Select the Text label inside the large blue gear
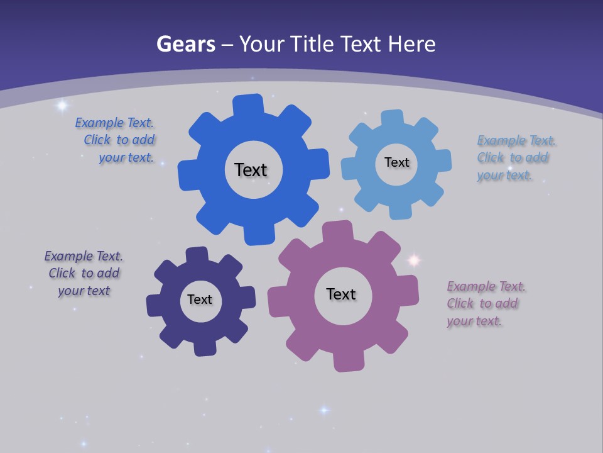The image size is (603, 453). tap(251, 170)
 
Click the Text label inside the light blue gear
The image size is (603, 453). tap(396, 162)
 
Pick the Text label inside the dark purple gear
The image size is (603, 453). tap(200, 299)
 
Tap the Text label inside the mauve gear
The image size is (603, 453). tap(341, 294)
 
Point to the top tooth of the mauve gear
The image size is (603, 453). tap(337, 230)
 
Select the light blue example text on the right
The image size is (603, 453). tap(513, 158)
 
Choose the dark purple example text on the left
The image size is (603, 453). tap(84, 274)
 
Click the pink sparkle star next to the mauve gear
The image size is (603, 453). tap(414, 259)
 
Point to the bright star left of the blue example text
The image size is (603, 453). tap(62, 106)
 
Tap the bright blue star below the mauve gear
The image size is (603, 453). tap(324, 410)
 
